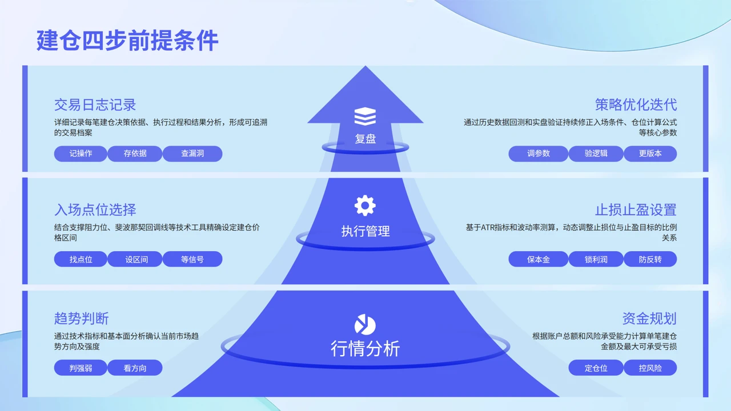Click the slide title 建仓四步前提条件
pyautogui.click(x=127, y=41)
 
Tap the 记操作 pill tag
pyautogui.click(x=81, y=154)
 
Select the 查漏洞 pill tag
pyautogui.click(x=192, y=154)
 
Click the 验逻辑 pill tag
pyautogui.click(x=596, y=154)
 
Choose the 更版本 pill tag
pyautogui.click(x=650, y=154)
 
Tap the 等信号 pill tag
pyautogui.click(x=192, y=259)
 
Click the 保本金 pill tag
pyautogui.click(x=539, y=259)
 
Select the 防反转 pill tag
pyautogui.click(x=650, y=259)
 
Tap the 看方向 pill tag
pyautogui.click(x=135, y=368)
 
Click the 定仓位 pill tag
pyautogui.click(x=596, y=368)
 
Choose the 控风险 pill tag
pyautogui.click(x=650, y=368)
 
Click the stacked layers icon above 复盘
pyautogui.click(x=365, y=116)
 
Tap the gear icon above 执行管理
pyautogui.click(x=365, y=205)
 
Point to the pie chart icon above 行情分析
pyautogui.click(x=365, y=325)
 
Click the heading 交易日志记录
pyautogui.click(x=95, y=104)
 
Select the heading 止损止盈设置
pyautogui.click(x=636, y=209)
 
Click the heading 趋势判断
pyautogui.click(x=81, y=319)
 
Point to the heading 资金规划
pyautogui.click(x=649, y=319)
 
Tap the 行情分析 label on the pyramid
pyautogui.click(x=365, y=349)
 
